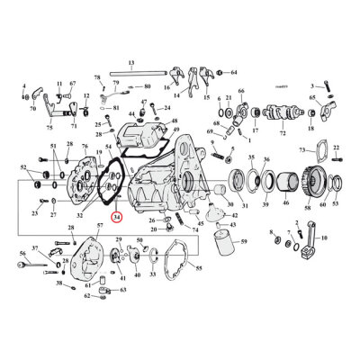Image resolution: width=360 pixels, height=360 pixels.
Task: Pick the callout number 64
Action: (234, 72)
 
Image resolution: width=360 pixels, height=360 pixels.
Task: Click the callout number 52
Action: (25, 167)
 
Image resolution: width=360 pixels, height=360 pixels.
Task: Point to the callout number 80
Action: (148, 87)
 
